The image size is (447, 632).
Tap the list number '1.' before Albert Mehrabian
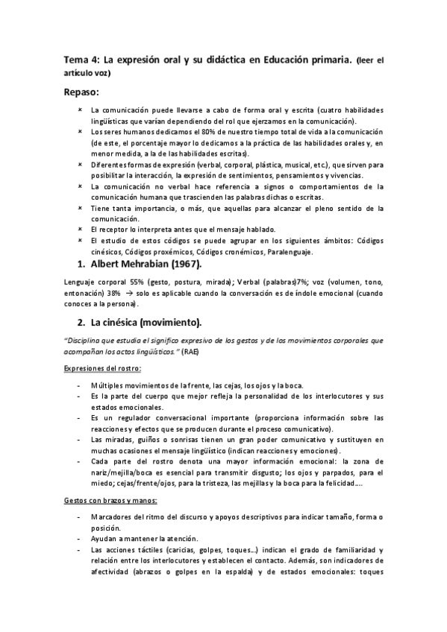point(80,265)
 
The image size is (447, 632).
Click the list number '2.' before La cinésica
point(80,323)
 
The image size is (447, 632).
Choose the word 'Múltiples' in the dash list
point(107,384)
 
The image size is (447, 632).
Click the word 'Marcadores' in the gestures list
point(110,516)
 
